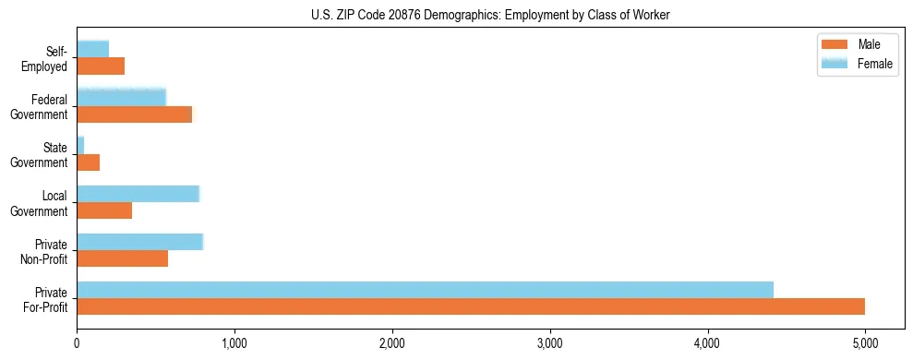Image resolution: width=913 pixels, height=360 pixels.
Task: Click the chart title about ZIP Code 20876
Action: (455, 15)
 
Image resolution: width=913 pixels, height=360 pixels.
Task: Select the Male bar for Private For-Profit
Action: (471, 306)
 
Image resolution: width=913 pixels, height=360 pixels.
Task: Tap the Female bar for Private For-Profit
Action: (425, 290)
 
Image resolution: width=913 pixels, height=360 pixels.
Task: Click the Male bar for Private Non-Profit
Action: (122, 258)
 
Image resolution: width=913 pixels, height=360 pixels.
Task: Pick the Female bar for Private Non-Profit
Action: (139, 242)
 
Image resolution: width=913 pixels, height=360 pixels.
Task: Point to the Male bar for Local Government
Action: (104, 210)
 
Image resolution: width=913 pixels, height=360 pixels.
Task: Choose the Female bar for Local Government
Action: (138, 194)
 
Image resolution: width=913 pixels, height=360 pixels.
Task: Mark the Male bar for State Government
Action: (88, 162)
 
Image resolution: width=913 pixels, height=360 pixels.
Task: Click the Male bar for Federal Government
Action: (134, 114)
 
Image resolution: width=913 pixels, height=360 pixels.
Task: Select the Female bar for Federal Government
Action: (121, 98)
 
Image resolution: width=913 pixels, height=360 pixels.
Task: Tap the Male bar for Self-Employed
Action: (101, 66)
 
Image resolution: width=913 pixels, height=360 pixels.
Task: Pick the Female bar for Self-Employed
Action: (92, 49)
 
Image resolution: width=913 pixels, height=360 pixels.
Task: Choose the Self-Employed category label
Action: (49, 58)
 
